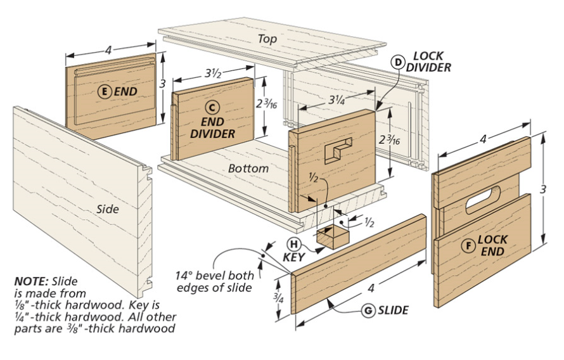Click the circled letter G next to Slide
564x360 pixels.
click(367, 311)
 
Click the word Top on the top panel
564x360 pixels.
click(267, 39)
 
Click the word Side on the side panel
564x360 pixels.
click(108, 208)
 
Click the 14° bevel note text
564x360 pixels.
click(215, 281)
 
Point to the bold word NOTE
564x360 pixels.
click(31, 280)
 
